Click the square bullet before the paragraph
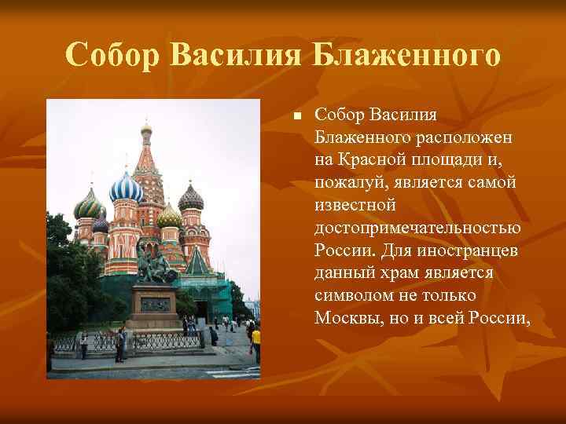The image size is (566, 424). tap(296, 117)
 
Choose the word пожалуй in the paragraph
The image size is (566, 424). tap(347, 183)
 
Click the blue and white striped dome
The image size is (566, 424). tap(125, 188)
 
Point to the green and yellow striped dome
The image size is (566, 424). tap(88, 206)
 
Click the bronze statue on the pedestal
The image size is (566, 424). tap(153, 264)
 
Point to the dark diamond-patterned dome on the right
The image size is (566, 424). tap(190, 199)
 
